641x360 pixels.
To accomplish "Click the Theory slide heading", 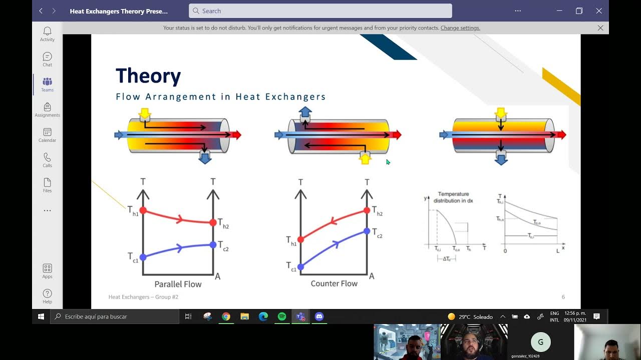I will click(x=148, y=76).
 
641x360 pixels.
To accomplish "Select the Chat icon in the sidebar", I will click(x=47, y=59).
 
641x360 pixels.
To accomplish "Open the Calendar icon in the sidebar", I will click(x=47, y=134).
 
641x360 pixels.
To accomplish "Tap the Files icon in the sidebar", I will click(x=47, y=184).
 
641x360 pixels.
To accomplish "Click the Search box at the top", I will click(x=320, y=11).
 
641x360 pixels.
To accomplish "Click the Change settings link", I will click(x=460, y=28).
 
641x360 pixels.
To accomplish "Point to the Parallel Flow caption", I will click(x=178, y=284).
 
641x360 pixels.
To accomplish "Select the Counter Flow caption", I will click(x=334, y=283).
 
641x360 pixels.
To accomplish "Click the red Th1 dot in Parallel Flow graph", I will click(x=143, y=210).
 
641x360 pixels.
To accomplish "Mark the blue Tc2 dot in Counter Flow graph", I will click(x=367, y=231).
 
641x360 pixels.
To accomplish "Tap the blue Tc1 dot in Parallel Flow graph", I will click(x=143, y=257).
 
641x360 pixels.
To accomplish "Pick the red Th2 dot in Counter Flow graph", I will click(x=367, y=210).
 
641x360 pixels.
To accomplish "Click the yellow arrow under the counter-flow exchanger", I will click(x=365, y=159).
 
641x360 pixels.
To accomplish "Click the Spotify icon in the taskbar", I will click(x=282, y=316).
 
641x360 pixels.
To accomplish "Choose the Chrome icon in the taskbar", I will click(x=226, y=316).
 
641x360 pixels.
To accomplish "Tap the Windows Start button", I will click(x=41, y=316).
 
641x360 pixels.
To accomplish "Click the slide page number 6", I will click(x=563, y=297).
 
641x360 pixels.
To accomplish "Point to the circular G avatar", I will click(x=540, y=342).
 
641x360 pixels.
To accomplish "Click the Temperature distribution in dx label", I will click(x=453, y=197).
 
